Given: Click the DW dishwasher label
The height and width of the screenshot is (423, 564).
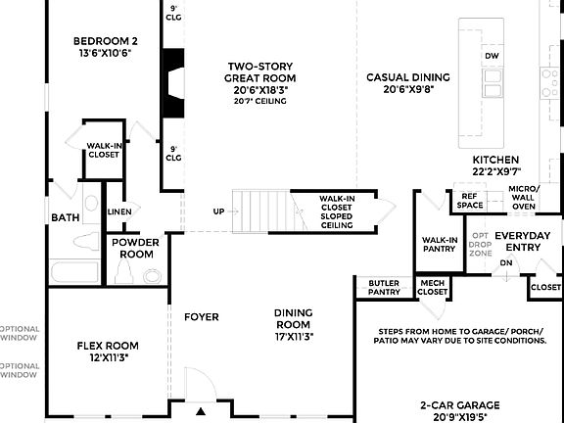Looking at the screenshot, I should [492, 56].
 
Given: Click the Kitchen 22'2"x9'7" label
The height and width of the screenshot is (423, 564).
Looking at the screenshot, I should [495, 165].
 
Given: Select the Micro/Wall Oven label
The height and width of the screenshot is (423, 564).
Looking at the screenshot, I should [524, 197].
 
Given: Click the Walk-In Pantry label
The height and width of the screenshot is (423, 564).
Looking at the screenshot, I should [439, 244].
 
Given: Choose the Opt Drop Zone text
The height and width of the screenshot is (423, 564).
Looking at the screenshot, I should [480, 244].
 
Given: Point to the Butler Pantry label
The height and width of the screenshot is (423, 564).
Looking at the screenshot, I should [384, 287].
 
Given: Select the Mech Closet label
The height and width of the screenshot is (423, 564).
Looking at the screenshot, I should [432, 287].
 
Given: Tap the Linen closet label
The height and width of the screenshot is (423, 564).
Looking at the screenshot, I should [119, 211].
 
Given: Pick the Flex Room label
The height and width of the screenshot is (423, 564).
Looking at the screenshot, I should [108, 352].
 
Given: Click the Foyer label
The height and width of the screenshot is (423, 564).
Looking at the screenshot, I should [201, 317].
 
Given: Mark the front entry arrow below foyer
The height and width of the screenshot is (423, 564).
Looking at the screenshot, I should [201, 413].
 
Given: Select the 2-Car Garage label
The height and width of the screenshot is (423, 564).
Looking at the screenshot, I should [459, 409].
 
